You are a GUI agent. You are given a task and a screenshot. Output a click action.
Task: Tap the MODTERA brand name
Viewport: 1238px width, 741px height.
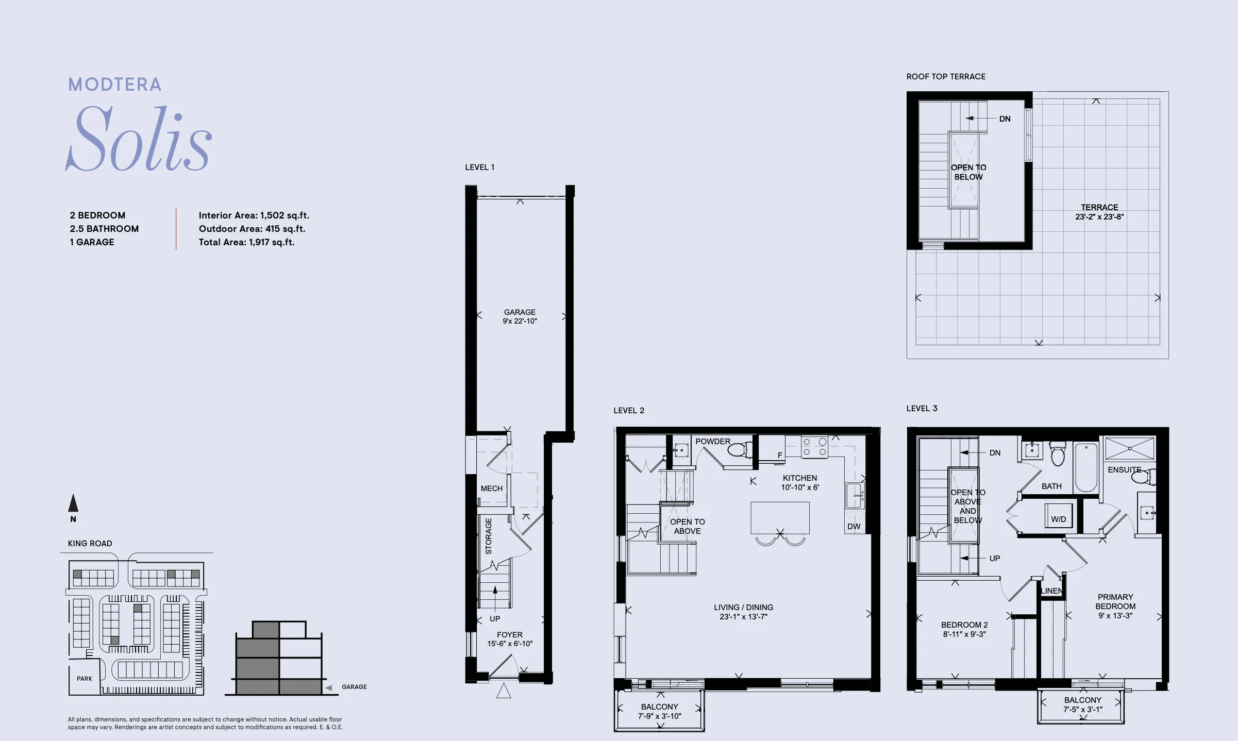coord(115,85)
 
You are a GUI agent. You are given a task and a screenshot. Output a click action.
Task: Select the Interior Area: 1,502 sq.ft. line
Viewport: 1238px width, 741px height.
coord(254,215)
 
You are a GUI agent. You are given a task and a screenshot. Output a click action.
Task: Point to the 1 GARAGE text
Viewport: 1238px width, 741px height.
coord(92,242)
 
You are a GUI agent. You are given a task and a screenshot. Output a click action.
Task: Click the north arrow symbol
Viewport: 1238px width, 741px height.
coord(73,503)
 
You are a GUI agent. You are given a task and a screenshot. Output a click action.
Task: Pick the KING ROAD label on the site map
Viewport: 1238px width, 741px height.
coord(90,543)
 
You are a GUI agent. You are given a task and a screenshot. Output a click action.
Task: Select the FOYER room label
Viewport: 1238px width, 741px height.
coord(510,635)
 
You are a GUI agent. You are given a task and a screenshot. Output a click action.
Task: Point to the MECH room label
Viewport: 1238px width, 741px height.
coord(492,489)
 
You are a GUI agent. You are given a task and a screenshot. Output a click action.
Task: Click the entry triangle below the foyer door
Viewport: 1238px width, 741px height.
coord(504,691)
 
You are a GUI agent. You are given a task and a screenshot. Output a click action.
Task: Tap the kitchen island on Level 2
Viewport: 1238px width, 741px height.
coord(780,518)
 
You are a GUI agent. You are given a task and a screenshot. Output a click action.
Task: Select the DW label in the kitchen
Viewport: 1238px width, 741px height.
coord(854,527)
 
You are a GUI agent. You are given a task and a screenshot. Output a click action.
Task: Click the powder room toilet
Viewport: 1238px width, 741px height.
coord(740,450)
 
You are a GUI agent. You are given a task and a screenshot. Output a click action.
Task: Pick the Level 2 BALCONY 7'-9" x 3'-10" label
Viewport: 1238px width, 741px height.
coord(660,712)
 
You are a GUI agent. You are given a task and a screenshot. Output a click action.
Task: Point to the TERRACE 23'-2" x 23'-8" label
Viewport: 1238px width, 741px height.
coord(1099,212)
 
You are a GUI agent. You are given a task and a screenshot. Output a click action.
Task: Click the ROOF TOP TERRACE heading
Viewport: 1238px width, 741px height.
coord(946,77)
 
